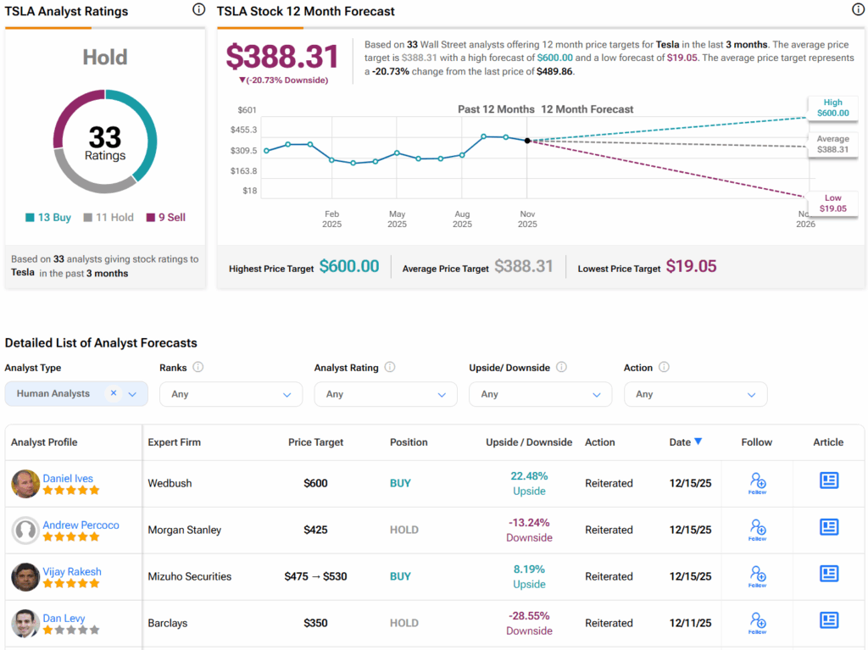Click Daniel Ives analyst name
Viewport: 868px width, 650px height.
(68, 478)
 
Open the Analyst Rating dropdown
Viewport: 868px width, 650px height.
(385, 394)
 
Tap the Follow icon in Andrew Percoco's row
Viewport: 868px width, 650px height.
(757, 530)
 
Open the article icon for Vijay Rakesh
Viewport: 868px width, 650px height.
(828, 574)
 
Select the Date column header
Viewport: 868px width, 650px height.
(685, 442)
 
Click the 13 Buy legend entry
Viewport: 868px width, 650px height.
(48, 217)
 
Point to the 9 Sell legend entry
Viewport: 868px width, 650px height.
(165, 217)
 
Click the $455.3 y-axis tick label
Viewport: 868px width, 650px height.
(244, 130)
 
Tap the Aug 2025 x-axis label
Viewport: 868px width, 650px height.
(462, 219)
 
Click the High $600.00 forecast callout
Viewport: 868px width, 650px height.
(831, 108)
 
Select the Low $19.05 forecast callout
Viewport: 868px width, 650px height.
(831, 203)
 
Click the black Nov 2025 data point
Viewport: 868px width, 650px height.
(527, 141)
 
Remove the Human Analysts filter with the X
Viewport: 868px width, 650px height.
(114, 393)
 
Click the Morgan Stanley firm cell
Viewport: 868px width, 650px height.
(184, 530)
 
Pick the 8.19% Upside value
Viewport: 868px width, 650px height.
(529, 569)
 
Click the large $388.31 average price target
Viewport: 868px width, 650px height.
(282, 56)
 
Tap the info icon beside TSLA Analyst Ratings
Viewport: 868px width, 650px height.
(198, 10)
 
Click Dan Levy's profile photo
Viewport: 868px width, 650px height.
(25, 623)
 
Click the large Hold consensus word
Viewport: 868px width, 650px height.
(105, 57)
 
